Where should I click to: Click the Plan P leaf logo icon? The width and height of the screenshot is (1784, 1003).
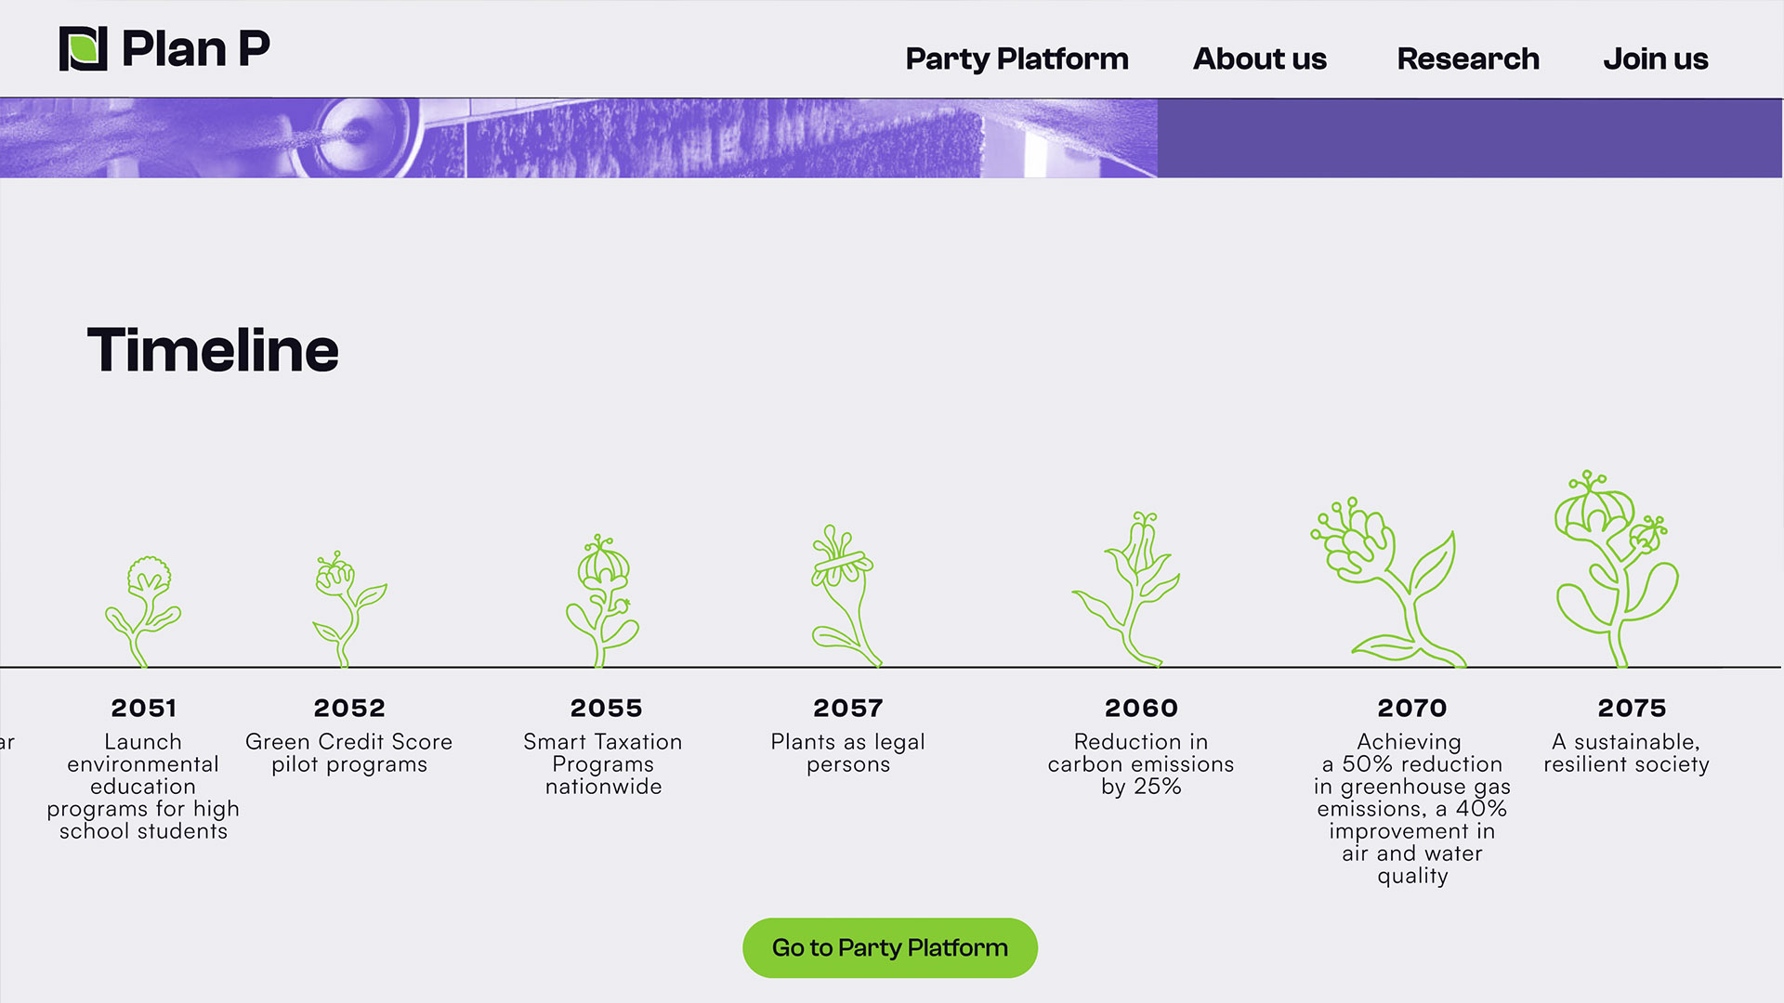pyautogui.click(x=84, y=48)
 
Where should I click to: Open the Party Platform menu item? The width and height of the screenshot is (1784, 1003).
pyautogui.click(x=1017, y=59)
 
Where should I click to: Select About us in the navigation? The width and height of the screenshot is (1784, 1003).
pyautogui.click(x=1259, y=59)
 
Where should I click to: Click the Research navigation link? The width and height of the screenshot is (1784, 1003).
pyautogui.click(x=1468, y=59)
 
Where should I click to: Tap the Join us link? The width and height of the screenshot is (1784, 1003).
pyautogui.click(x=1655, y=59)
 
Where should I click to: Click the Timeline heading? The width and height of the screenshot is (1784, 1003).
pyautogui.click(x=213, y=350)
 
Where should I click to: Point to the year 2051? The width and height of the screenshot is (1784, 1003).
pyautogui.click(x=144, y=708)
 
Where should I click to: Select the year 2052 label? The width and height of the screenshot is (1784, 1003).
pyautogui.click(x=349, y=708)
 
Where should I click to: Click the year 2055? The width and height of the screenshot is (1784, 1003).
pyautogui.click(x=606, y=708)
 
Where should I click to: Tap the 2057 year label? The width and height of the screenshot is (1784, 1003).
pyautogui.click(x=847, y=708)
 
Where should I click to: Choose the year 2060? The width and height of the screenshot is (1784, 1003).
pyautogui.click(x=1141, y=708)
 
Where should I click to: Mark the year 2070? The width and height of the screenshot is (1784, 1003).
pyautogui.click(x=1412, y=708)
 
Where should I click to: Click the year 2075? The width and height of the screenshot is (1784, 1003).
pyautogui.click(x=1632, y=708)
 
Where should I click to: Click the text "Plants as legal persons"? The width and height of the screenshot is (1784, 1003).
pyautogui.click(x=847, y=753)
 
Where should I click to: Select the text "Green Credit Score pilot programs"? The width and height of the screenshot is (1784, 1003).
pyautogui.click(x=349, y=753)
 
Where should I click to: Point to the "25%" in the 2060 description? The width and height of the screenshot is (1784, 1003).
pyautogui.click(x=1158, y=787)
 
